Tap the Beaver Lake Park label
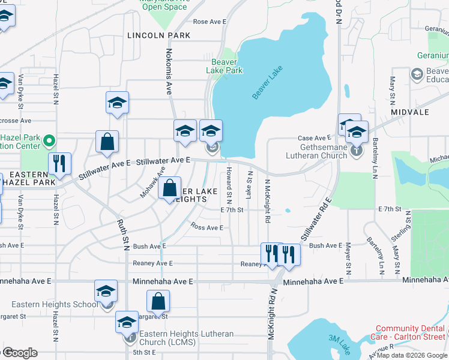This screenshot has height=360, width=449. tap(224, 66)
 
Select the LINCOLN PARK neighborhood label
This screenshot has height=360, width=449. tap(159, 35)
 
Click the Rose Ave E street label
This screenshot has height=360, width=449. tap(209, 22)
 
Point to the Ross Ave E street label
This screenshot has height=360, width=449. tap(206, 227)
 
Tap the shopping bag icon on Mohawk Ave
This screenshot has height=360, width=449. tap(170, 187)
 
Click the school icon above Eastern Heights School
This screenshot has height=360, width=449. tap(106, 292)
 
